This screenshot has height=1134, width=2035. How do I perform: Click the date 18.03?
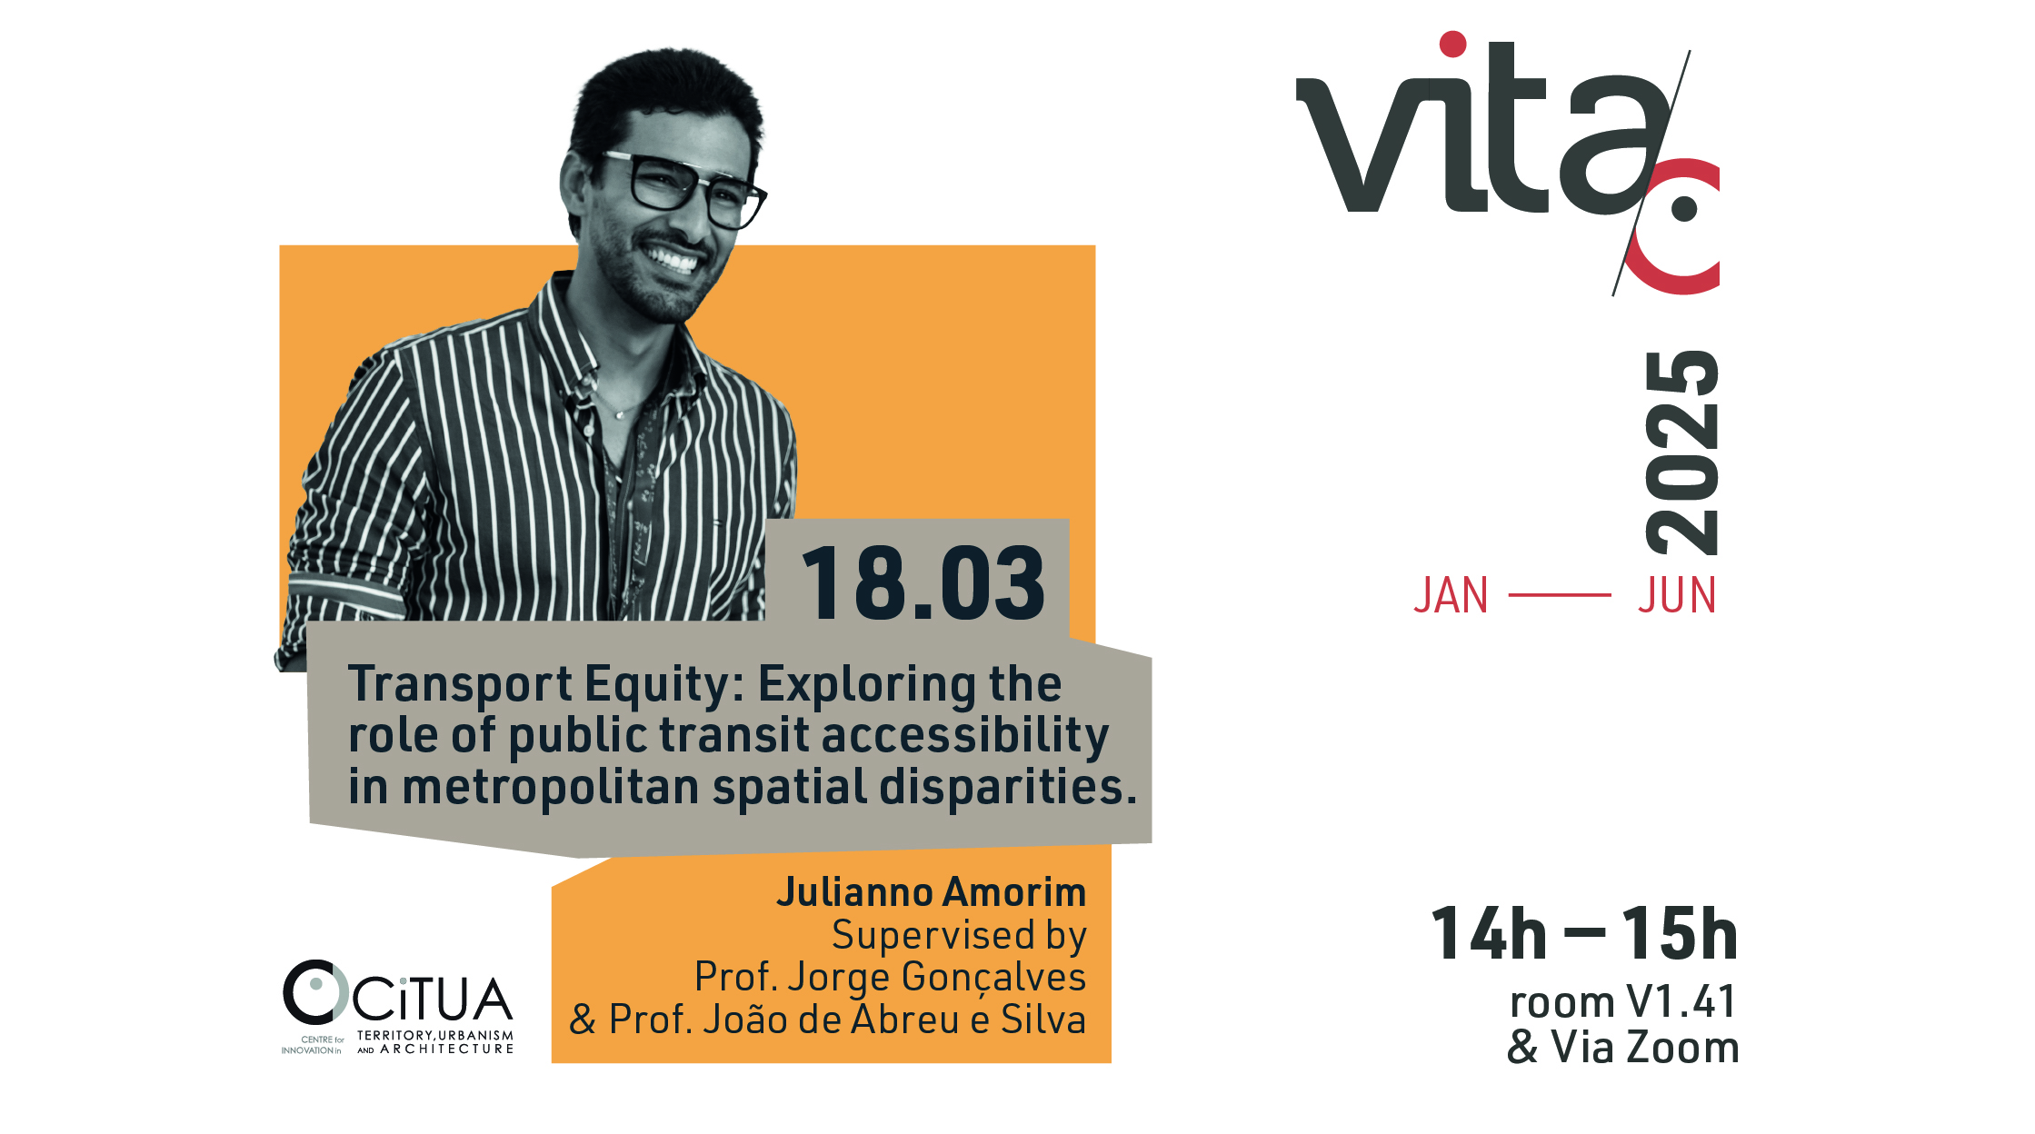(923, 583)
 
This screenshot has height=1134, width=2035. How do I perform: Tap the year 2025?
(1682, 453)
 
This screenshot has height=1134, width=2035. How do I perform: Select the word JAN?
(1451, 596)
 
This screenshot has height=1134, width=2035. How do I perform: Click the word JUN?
(1677, 596)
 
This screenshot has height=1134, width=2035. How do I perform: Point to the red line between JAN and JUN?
(1560, 595)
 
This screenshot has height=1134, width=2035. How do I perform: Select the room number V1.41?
(1681, 1002)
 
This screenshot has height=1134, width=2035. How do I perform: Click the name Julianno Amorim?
(931, 892)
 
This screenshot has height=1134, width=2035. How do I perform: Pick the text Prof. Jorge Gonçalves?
(890, 978)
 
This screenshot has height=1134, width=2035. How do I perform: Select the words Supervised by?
(959, 936)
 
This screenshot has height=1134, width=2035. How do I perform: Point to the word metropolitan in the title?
(550, 787)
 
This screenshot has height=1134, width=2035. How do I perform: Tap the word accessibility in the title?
(965, 736)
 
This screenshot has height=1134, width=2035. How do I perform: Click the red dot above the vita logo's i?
(1452, 45)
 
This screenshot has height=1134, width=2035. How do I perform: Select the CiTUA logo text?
(433, 1000)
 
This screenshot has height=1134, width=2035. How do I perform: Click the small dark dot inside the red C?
(1684, 209)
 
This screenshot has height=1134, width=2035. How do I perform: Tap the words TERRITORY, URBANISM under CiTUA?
(435, 1036)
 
